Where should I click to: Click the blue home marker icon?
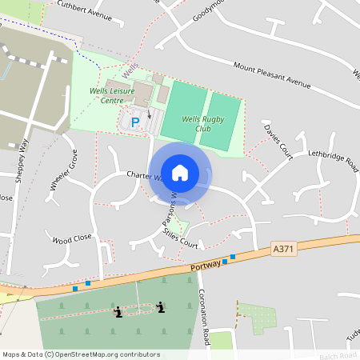[x=181, y=172]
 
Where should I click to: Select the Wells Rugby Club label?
[x=200, y=124]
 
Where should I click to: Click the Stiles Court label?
[x=179, y=239]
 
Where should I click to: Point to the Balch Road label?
[x=337, y=354]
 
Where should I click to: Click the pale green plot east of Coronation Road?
[x=257, y=318]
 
